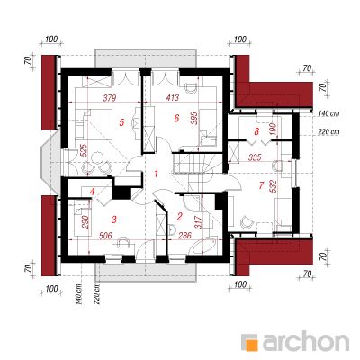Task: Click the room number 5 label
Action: (x=121, y=122)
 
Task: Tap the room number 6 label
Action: (x=176, y=119)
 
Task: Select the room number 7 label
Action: (x=261, y=185)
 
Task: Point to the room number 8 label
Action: (x=256, y=131)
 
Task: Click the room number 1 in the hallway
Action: (x=156, y=174)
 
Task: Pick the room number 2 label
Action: (x=180, y=216)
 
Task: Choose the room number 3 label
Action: (x=113, y=220)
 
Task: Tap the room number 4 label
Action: (x=93, y=192)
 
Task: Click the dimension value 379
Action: (x=109, y=98)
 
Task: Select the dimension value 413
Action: (x=172, y=97)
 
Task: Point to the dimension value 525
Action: (x=84, y=151)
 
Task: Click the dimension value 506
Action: (x=105, y=236)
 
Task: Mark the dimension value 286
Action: (x=184, y=236)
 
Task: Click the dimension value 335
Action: (x=255, y=157)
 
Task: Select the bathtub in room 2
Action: (x=203, y=245)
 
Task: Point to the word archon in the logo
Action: (x=306, y=341)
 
